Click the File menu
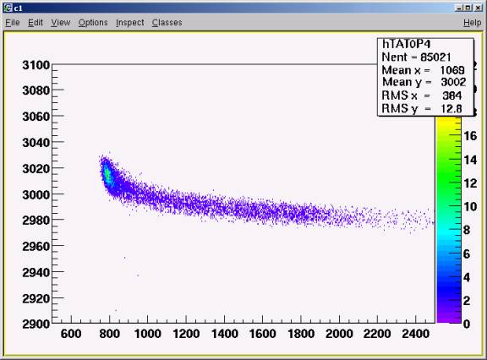point(13,23)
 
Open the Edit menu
point(36,23)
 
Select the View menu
point(61,23)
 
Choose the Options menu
point(93,23)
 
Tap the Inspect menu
point(130,23)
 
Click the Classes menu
point(167,23)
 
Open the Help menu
point(472,23)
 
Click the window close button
point(479,8)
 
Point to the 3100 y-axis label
point(36,65)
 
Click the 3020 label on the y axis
point(36,169)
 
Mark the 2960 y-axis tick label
point(36,247)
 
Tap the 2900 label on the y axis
point(36,324)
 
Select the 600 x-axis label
point(71,334)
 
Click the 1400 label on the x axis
point(225,334)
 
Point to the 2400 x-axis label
point(416,334)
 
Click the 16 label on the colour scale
point(470,136)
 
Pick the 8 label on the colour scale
point(467,230)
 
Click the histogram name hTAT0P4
point(406,44)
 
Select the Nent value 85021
point(435,57)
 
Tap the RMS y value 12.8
point(451,109)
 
